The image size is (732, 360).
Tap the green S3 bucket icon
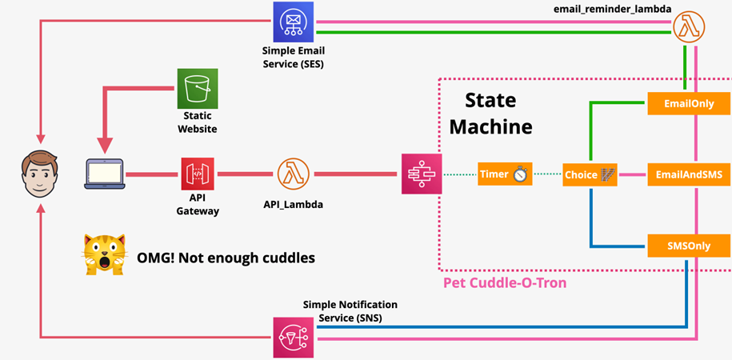[197, 88]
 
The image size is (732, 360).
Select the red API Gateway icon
[198, 174]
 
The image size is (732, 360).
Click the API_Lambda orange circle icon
[294, 174]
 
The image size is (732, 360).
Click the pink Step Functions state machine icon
[420, 174]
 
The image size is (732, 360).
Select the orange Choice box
[589, 174]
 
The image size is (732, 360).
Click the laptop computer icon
[105, 174]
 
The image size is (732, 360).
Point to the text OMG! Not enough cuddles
[212, 258]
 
